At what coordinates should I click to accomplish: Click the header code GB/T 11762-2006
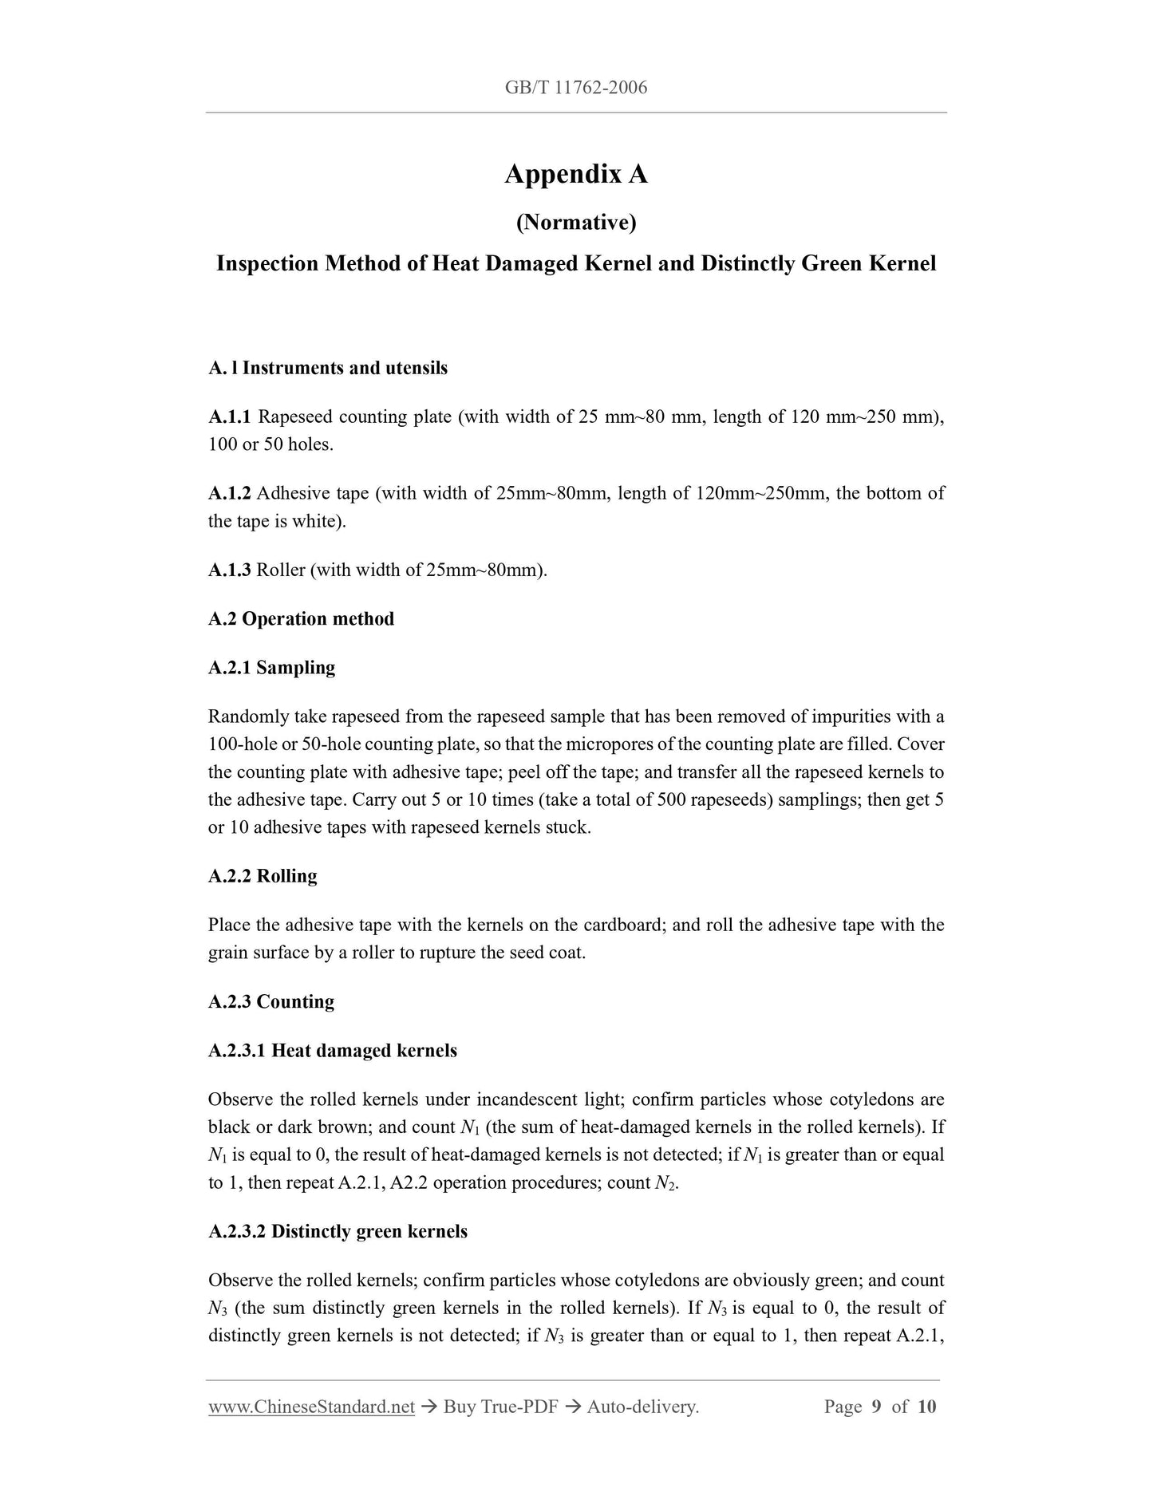click(x=575, y=88)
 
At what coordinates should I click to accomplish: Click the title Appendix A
click(x=575, y=174)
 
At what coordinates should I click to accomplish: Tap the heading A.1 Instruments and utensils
click(x=328, y=368)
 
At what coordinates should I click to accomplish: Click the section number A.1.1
click(x=230, y=416)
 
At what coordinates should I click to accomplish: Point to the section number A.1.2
click(x=230, y=493)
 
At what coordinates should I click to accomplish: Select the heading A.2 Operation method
click(x=301, y=619)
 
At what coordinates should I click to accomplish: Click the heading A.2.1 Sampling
click(x=271, y=668)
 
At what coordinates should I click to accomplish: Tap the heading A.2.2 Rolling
click(x=263, y=876)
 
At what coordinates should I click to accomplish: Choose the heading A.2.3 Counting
click(x=271, y=1002)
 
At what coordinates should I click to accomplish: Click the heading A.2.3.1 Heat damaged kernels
click(x=333, y=1051)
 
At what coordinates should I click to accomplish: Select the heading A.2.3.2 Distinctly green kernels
click(x=338, y=1232)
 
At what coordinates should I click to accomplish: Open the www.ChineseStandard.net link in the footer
click(x=311, y=1407)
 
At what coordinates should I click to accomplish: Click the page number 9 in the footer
click(x=876, y=1407)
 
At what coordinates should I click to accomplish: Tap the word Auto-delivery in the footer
click(x=642, y=1407)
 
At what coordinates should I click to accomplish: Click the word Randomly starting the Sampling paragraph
click(x=243, y=717)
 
